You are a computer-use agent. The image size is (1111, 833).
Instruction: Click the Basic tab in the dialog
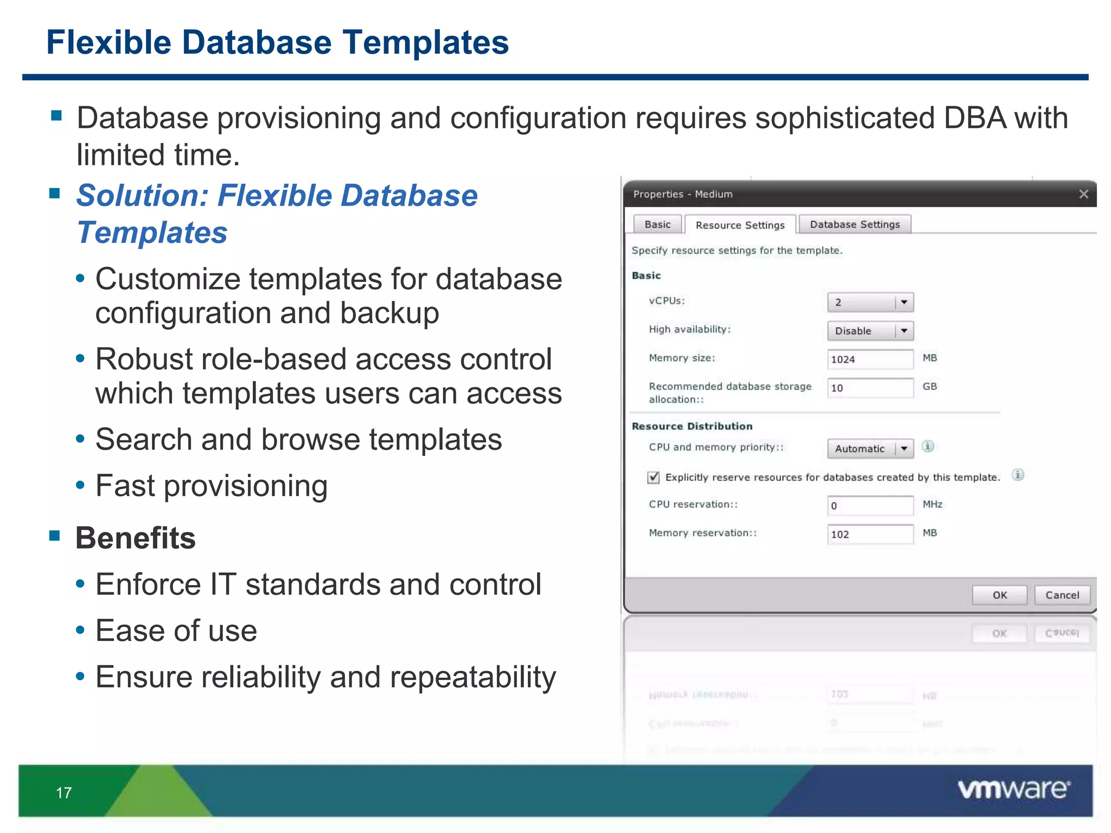click(657, 225)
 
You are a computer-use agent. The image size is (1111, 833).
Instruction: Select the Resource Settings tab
click(739, 225)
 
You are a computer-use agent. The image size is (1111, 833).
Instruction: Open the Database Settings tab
click(854, 225)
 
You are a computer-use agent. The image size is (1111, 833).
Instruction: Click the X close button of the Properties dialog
click(1083, 194)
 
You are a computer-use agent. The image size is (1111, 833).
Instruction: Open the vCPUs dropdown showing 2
click(870, 302)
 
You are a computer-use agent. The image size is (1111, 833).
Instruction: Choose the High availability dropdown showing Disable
click(870, 331)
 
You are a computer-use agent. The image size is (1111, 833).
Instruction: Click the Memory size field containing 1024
click(870, 359)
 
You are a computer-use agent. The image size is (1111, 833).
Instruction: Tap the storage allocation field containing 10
click(870, 388)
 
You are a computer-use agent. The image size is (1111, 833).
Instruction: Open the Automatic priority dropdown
click(870, 448)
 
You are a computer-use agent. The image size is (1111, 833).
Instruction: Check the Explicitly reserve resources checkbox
click(654, 477)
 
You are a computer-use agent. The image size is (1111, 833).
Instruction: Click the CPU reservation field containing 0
click(870, 505)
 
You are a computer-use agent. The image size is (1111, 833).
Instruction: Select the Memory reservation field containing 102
click(870, 534)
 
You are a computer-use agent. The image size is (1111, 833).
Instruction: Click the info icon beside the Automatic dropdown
click(928, 446)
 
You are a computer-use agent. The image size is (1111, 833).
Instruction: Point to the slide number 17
click(63, 793)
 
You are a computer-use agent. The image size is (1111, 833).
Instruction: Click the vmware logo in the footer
click(1013, 790)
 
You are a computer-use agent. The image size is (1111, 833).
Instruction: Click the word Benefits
click(136, 538)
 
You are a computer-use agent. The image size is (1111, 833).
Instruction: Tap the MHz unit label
click(932, 504)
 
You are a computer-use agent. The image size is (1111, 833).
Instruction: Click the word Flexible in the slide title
click(109, 42)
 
